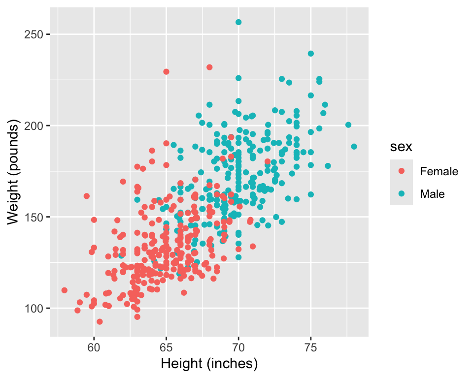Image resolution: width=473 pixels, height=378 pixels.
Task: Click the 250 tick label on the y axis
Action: pos(36,34)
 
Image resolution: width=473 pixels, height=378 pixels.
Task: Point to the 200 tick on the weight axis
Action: pos(36,126)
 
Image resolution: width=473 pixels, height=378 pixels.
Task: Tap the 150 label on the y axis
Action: pos(36,217)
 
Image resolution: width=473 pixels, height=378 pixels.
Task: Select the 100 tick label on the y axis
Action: pos(36,308)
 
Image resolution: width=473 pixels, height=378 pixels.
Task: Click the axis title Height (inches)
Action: pos(209,364)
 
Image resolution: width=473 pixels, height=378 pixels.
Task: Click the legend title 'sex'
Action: pos(398,147)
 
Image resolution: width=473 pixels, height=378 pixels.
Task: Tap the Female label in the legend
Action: pos(439,172)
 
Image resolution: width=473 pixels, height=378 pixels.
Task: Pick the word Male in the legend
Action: pos(432,194)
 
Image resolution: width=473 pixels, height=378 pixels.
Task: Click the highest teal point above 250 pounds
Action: pos(238,22)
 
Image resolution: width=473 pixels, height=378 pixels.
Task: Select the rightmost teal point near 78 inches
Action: pos(354,147)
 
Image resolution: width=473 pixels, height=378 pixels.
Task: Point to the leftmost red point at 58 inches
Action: pos(65,290)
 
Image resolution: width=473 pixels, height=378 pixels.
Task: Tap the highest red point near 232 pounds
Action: pos(209,67)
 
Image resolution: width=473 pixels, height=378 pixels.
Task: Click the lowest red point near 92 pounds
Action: pos(100,321)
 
